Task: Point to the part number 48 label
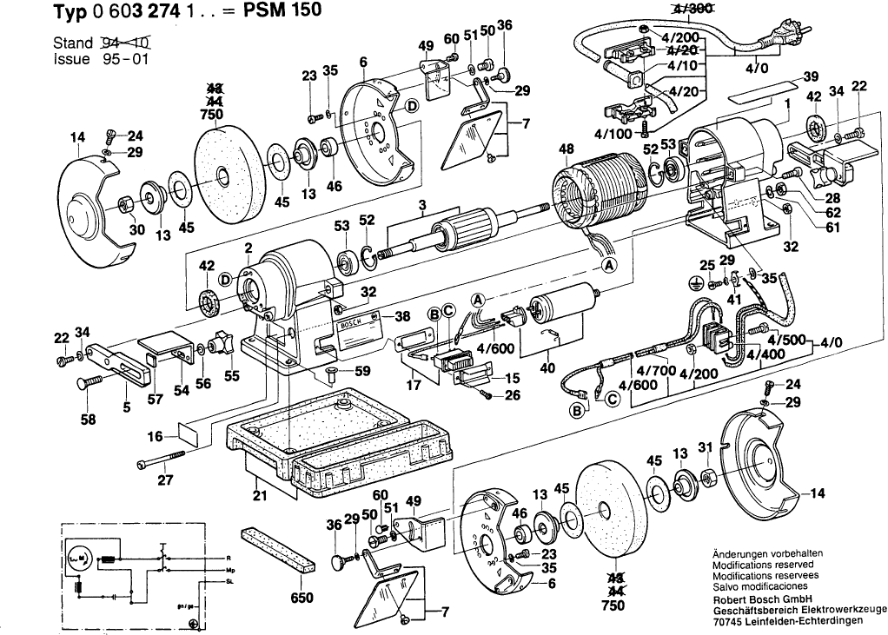coord(567,149)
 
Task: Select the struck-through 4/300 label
coord(688,8)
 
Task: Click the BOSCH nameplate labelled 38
coord(355,327)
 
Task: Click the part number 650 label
coord(302,598)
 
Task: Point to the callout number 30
coord(112,230)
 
